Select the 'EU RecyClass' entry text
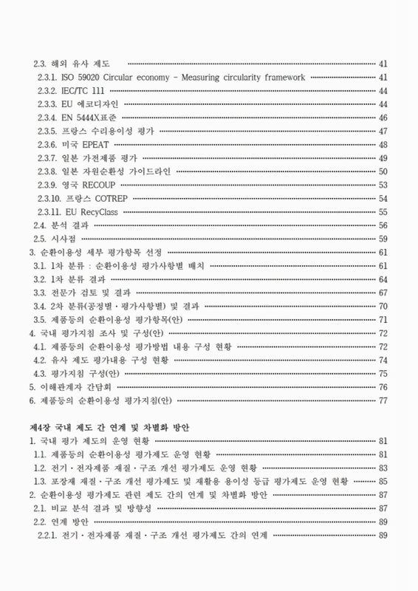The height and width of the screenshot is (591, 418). click(93, 212)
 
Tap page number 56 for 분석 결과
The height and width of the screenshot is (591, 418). click(383, 225)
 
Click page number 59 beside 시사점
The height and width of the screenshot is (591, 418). click(383, 239)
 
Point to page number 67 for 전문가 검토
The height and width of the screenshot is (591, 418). click(383, 293)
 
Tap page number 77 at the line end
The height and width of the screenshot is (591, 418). click(383, 400)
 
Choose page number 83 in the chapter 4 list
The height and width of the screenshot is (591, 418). click(383, 468)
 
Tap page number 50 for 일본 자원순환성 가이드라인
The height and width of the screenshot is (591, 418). click(383, 171)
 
